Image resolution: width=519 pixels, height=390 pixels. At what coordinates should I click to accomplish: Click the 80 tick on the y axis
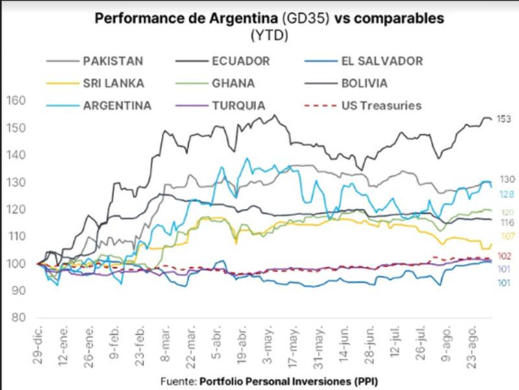pos(19,318)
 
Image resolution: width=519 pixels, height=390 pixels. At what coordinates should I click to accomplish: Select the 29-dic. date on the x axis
pos(38,342)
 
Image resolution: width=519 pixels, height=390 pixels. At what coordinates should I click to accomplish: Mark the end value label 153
pos(504,119)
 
